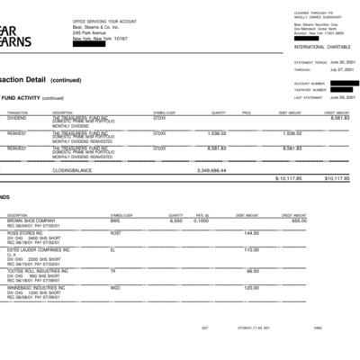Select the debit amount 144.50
(251, 232)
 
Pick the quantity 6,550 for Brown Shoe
(175, 220)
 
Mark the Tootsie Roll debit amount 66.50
(252, 271)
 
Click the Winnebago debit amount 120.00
(251, 288)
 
